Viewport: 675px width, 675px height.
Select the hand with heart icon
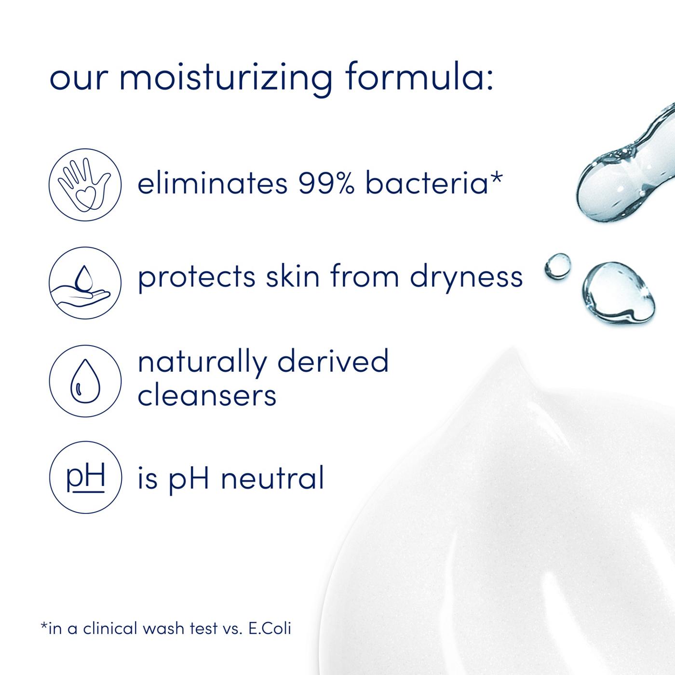tap(85, 184)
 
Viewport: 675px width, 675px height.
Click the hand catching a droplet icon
tap(85, 282)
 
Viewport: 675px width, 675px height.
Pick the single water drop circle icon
tap(85, 380)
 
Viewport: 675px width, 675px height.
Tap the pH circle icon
tap(85, 477)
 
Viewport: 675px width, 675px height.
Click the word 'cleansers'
tap(207, 396)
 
